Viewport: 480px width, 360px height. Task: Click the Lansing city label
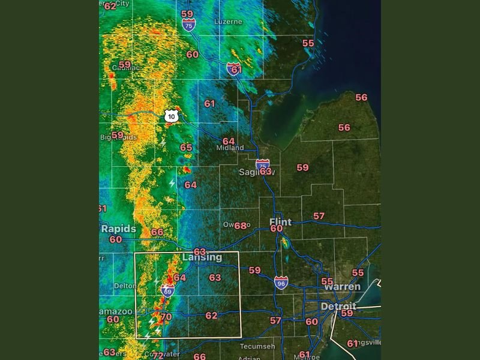click(x=202, y=257)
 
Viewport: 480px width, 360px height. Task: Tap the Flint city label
click(x=280, y=221)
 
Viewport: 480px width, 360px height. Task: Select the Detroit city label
click(x=338, y=306)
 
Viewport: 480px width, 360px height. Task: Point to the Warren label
click(x=342, y=287)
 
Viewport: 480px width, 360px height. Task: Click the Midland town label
click(x=230, y=148)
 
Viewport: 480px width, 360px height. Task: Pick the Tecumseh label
click(x=257, y=347)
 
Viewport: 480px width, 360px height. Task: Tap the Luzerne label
click(x=228, y=22)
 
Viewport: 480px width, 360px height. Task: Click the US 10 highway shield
click(x=172, y=116)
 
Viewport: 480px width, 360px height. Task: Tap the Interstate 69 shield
click(x=167, y=292)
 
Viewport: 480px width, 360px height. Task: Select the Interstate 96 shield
click(x=281, y=282)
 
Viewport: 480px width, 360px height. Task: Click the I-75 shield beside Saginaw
click(x=262, y=164)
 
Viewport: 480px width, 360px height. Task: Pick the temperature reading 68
click(x=241, y=226)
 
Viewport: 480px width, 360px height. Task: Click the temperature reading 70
click(x=166, y=317)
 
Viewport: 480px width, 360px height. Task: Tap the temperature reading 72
click(x=157, y=355)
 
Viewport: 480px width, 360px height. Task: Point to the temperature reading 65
click(x=186, y=148)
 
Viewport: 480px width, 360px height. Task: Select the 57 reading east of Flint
click(x=319, y=216)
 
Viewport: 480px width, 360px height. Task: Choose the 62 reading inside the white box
click(x=211, y=316)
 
